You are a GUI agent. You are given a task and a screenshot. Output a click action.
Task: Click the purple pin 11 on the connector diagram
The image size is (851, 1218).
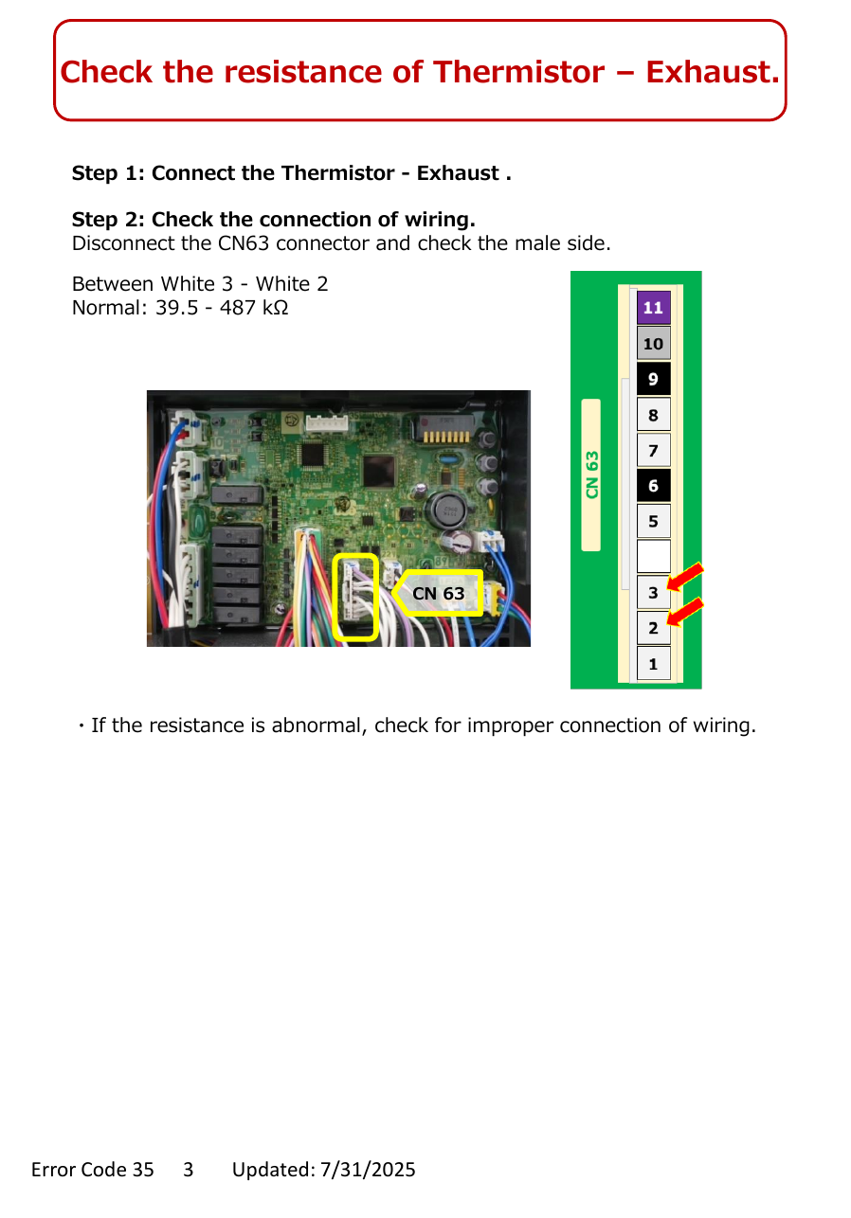pyautogui.click(x=654, y=308)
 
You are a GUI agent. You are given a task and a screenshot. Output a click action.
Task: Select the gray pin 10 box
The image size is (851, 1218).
pyautogui.click(x=654, y=343)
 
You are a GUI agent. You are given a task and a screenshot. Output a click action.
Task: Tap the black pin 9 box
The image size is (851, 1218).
pyautogui.click(x=654, y=379)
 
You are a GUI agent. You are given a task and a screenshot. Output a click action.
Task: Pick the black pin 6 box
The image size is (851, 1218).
pyautogui.click(x=654, y=486)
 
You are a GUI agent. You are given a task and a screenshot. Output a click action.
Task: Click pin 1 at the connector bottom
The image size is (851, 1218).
pyautogui.click(x=654, y=663)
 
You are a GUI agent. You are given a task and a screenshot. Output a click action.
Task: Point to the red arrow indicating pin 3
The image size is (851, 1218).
pyautogui.click(x=684, y=577)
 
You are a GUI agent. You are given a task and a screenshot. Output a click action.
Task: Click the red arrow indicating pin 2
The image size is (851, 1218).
pyautogui.click(x=684, y=612)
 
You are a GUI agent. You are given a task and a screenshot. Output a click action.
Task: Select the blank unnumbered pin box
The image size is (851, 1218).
pyautogui.click(x=654, y=556)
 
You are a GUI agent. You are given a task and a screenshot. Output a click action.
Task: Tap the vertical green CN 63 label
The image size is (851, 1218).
pyautogui.click(x=592, y=475)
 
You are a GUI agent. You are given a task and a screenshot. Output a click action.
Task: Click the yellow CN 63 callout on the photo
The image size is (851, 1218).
pyautogui.click(x=438, y=593)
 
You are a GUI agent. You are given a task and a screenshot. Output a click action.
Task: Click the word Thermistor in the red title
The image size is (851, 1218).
pyautogui.click(x=518, y=72)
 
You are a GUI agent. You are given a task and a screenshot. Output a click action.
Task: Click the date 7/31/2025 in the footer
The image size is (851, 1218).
pyautogui.click(x=368, y=1170)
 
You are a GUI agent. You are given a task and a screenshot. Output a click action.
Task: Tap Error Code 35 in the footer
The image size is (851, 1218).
pyautogui.click(x=93, y=1170)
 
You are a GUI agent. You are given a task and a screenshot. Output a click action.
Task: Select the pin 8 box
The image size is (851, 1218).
pyautogui.click(x=654, y=415)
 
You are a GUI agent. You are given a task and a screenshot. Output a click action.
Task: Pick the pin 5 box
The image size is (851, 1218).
pyautogui.click(x=654, y=521)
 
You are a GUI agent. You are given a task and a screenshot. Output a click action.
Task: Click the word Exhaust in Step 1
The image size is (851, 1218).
pyautogui.click(x=458, y=173)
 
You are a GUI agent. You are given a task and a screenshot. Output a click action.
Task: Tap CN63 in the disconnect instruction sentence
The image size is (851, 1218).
pyautogui.click(x=244, y=243)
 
